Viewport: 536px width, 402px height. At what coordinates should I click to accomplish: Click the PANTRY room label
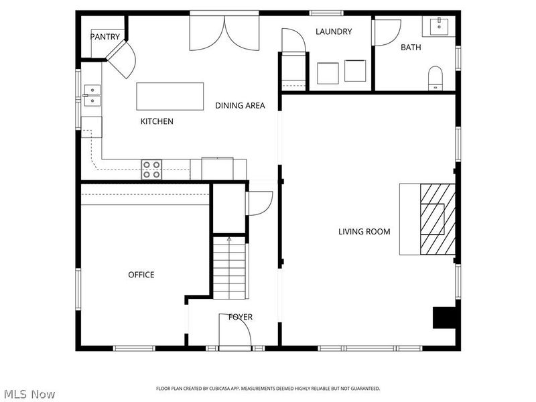[106, 37]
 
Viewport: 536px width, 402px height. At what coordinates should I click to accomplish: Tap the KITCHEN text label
[157, 121]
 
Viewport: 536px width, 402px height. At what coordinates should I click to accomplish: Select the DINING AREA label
[240, 105]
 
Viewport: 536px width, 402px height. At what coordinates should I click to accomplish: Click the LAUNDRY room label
[334, 31]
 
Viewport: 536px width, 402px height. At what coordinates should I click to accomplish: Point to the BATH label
[411, 47]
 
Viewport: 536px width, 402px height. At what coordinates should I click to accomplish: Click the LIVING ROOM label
[364, 232]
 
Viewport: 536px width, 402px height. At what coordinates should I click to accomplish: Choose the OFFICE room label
[141, 275]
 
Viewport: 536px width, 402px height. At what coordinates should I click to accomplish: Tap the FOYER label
[241, 317]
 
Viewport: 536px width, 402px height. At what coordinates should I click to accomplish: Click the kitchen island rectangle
[170, 96]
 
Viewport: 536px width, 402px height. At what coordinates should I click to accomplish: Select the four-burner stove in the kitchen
[151, 170]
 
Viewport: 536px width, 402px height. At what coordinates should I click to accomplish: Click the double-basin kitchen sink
[92, 95]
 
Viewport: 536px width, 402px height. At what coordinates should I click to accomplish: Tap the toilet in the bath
[436, 78]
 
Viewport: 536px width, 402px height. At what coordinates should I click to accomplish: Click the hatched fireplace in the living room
[437, 218]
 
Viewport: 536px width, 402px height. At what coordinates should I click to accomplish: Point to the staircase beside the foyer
[229, 268]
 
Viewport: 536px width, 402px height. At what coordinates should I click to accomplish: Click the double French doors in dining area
[224, 32]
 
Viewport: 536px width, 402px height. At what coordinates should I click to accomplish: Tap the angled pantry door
[121, 59]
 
